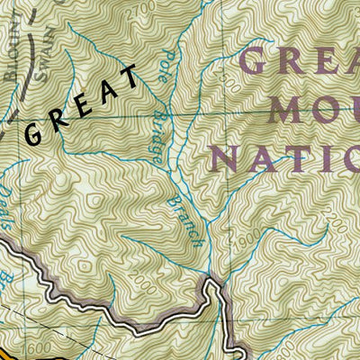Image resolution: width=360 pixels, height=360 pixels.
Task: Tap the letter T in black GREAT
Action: pyautogui.click(x=131, y=77)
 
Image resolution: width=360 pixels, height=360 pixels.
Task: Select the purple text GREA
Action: pyautogui.click(x=301, y=61)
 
